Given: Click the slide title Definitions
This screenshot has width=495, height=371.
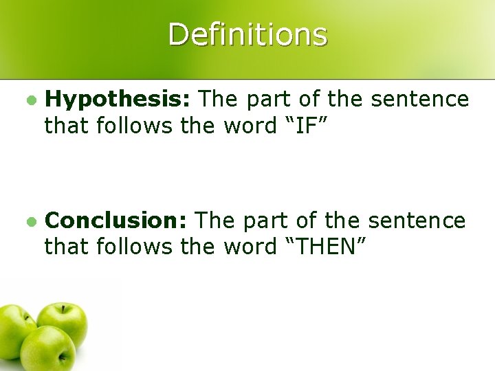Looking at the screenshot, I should (247, 34).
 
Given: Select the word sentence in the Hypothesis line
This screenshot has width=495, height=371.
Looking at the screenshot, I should (420, 100).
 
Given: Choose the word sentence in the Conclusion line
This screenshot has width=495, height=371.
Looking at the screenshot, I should (417, 221).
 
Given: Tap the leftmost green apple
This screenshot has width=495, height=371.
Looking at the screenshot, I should (16, 330).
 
